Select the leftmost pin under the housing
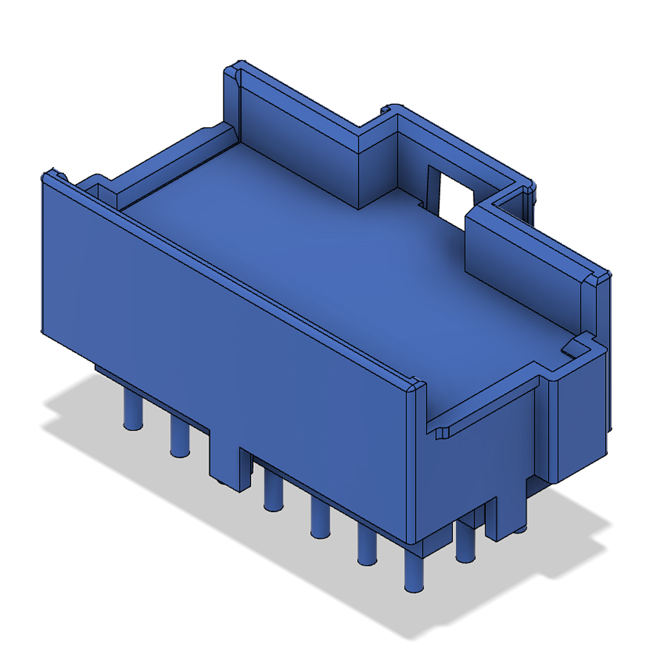132,411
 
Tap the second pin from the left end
179,437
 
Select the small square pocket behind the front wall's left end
94,189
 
